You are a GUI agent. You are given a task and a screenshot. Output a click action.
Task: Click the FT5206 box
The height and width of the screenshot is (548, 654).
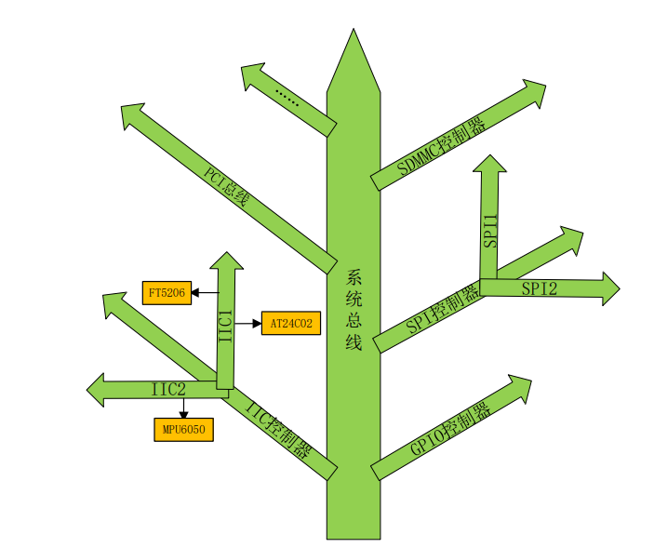click(167, 292)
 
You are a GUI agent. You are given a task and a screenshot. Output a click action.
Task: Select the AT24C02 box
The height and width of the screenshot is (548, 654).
click(291, 324)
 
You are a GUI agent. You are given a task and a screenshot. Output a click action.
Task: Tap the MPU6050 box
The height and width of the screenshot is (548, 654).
click(183, 430)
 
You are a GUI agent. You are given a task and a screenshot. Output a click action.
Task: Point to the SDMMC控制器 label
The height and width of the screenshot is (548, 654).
click(441, 147)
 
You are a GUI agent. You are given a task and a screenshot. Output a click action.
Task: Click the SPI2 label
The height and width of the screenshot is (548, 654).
click(539, 288)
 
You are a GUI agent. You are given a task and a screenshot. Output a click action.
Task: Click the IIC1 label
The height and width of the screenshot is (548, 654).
click(225, 327)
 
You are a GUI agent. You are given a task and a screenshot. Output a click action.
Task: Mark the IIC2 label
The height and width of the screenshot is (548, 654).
click(169, 389)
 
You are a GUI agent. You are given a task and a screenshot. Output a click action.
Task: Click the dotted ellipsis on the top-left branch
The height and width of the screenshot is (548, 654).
click(287, 97)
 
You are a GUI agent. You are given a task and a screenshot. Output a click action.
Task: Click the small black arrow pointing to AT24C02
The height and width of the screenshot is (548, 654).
click(256, 324)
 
